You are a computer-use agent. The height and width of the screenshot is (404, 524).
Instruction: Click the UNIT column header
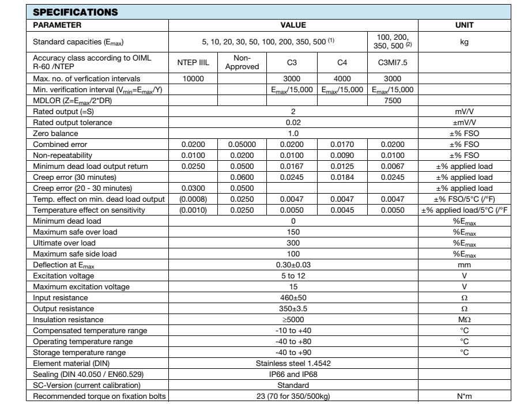(464, 25)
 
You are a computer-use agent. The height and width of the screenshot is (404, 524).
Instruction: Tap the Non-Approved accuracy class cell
(242, 62)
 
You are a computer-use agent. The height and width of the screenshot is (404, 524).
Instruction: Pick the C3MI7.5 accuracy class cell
(391, 62)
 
